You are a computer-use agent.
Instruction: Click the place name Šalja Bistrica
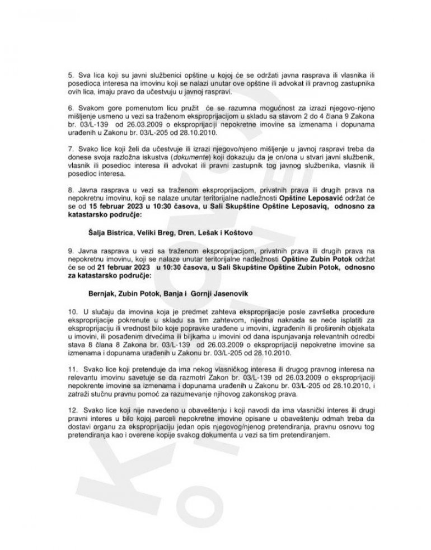click(x=111, y=230)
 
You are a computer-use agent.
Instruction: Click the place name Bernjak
click(x=102, y=292)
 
